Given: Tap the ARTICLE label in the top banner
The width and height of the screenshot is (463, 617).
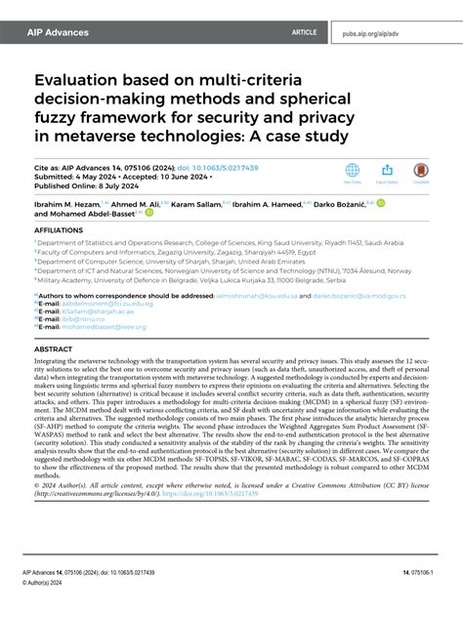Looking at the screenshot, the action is [304, 32].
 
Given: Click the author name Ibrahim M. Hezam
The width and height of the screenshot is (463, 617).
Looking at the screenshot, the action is [64, 205].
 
